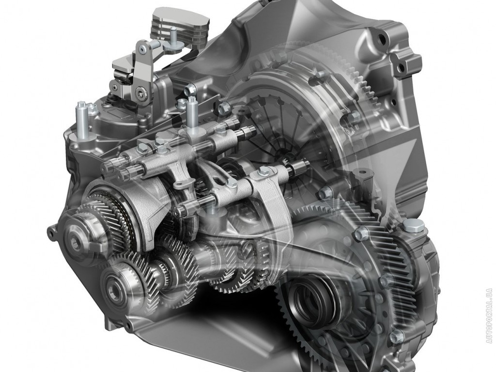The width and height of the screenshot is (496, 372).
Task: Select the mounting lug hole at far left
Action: click(51, 233)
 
